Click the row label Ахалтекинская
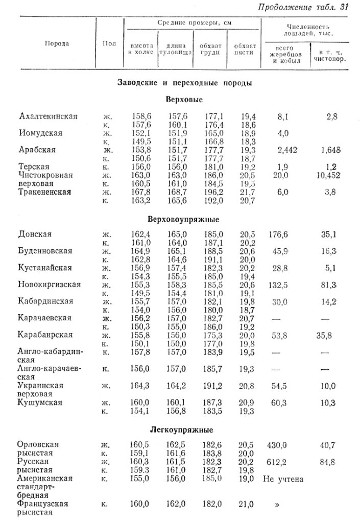[x=48, y=116]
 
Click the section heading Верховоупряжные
[x=183, y=219]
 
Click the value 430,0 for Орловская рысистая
[x=277, y=445]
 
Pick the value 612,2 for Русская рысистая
[x=277, y=462]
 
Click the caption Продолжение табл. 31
[x=303, y=7]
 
